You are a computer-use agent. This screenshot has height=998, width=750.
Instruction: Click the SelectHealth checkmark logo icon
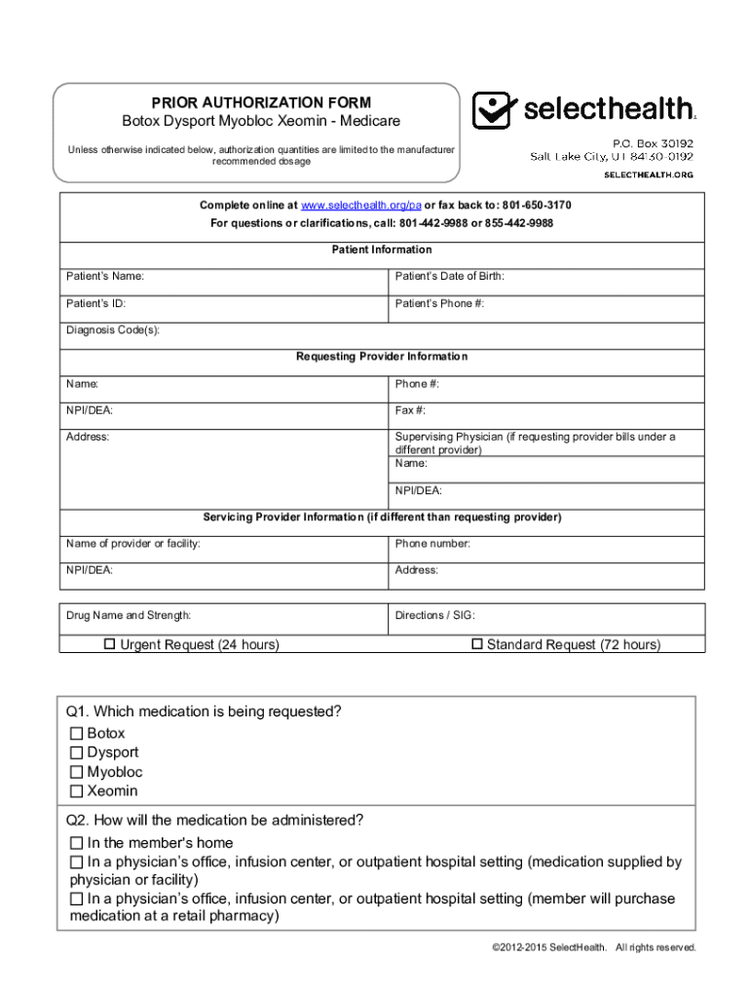pyautogui.click(x=493, y=109)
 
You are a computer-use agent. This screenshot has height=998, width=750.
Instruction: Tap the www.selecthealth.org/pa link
pyautogui.click(x=360, y=206)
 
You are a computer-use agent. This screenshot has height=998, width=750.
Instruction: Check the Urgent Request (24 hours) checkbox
pyautogui.click(x=110, y=644)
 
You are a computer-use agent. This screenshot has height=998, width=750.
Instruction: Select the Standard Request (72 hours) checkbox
pyautogui.click(x=477, y=644)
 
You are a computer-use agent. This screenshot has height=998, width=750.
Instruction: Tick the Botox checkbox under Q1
pyautogui.click(x=76, y=733)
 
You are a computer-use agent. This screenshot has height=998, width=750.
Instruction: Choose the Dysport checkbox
pyautogui.click(x=76, y=752)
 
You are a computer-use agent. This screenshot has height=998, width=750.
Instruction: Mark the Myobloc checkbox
pyautogui.click(x=76, y=772)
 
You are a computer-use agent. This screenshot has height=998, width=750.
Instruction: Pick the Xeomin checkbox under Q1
pyautogui.click(x=76, y=791)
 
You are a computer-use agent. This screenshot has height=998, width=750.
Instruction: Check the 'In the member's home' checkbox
pyautogui.click(x=76, y=843)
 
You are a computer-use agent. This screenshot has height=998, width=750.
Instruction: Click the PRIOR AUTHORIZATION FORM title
pyautogui.click(x=260, y=102)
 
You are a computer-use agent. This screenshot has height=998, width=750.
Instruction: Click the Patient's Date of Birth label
pyautogui.click(x=449, y=277)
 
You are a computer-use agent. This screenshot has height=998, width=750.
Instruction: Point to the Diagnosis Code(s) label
pyautogui.click(x=113, y=330)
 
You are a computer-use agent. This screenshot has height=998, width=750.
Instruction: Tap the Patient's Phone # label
pyautogui.click(x=439, y=304)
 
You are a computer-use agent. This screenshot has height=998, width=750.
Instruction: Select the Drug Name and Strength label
pyautogui.click(x=129, y=616)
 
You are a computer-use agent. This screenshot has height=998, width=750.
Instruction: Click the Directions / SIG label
pyautogui.click(x=434, y=616)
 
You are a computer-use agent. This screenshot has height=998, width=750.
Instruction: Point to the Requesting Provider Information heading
pyautogui.click(x=382, y=357)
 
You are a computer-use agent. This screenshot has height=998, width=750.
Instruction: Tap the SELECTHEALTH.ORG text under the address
pyautogui.click(x=649, y=174)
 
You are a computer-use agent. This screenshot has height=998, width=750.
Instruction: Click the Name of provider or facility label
pyautogui.click(x=133, y=544)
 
